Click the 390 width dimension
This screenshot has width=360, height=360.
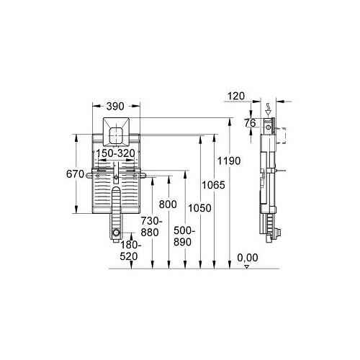115,107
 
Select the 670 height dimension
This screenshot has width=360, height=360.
75,174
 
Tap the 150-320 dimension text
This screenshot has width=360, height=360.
115,153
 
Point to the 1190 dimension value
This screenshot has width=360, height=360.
229,161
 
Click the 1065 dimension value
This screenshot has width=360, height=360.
213,185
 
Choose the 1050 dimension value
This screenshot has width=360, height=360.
199,208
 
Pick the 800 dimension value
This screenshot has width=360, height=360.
168,204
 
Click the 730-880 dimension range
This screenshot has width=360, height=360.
150,227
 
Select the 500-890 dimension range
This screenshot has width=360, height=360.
184,236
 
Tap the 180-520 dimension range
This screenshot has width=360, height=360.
130,251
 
